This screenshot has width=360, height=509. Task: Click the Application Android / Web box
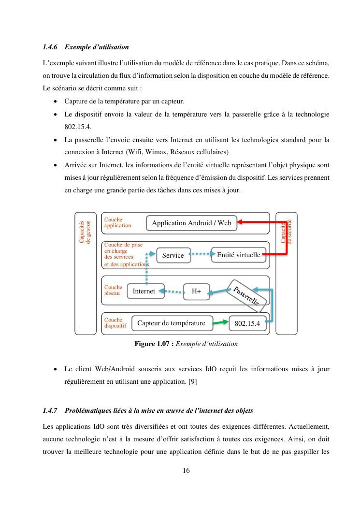click(x=191, y=223)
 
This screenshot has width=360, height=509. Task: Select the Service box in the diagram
click(x=173, y=255)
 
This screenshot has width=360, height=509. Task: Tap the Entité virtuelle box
click(x=239, y=255)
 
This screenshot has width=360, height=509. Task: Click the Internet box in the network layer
click(x=144, y=291)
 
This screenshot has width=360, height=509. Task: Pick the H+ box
click(x=196, y=291)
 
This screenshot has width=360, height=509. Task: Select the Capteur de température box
click(x=171, y=323)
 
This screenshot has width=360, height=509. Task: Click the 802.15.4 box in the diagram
click(x=247, y=323)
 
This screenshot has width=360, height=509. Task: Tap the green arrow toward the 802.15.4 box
click(x=220, y=322)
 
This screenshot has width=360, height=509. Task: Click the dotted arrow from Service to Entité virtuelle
click(x=201, y=253)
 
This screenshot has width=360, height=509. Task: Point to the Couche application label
click(x=117, y=223)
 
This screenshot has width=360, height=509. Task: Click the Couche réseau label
click(x=114, y=290)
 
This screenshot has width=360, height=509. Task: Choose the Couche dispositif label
click(x=115, y=323)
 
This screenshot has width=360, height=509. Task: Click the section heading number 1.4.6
click(x=50, y=47)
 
